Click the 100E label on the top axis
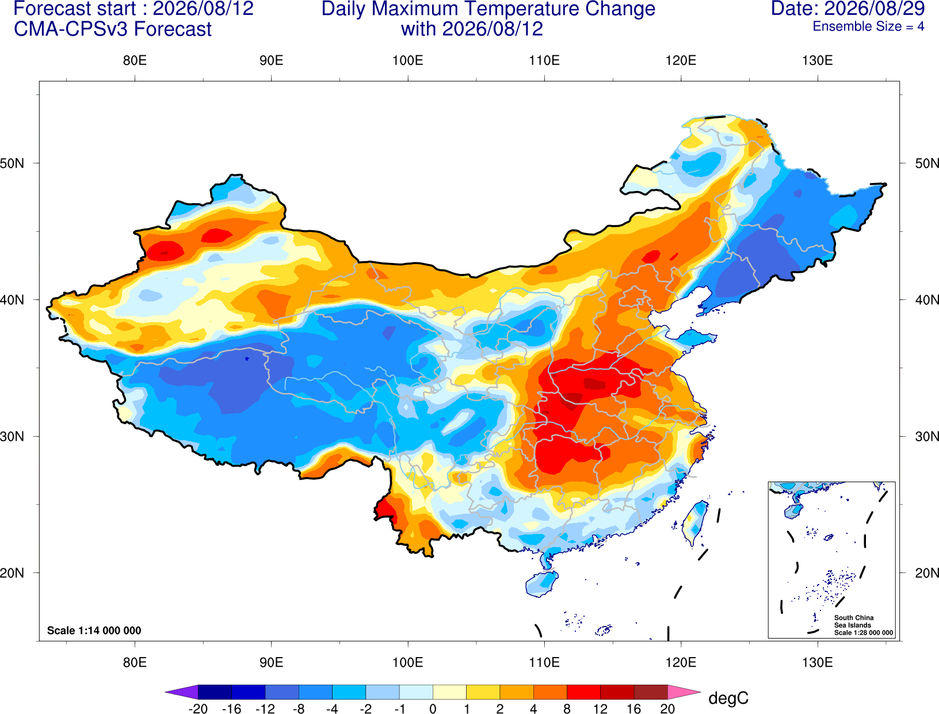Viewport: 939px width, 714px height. click(408, 60)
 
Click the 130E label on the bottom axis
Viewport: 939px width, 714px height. click(817, 663)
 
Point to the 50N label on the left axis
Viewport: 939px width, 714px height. click(12, 163)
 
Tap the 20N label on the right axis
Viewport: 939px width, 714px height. click(926, 573)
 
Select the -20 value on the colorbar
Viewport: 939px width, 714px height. click(198, 709)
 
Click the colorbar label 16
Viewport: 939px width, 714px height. click(634, 709)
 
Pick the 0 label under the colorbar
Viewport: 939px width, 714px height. click(433, 709)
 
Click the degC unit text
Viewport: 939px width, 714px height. click(728, 698)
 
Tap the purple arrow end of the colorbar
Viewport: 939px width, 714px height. click(181, 692)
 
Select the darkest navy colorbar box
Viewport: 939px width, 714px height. click(215, 692)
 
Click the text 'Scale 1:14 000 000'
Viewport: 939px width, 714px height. click(94, 630)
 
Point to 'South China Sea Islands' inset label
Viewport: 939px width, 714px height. click(854, 621)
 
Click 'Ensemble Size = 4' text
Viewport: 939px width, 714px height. click(868, 26)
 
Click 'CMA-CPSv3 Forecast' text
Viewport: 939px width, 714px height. click(113, 29)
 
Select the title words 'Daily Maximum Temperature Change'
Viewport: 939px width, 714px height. click(488, 9)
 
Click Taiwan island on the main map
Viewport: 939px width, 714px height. click(694, 523)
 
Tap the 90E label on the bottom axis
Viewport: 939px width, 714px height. click(271, 663)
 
